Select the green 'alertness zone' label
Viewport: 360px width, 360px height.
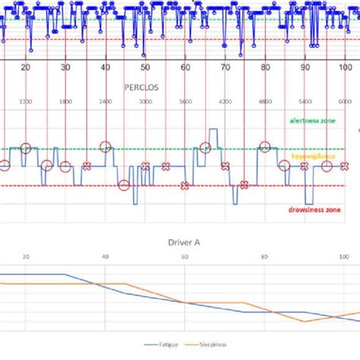pos(310,120)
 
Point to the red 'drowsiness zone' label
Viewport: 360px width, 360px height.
pos(311,207)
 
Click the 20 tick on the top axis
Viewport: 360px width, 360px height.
pos(26,68)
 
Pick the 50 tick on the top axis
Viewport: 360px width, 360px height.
pos(145,68)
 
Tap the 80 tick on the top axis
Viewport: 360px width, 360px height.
pos(265,68)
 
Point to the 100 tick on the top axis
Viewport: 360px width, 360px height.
pos(344,68)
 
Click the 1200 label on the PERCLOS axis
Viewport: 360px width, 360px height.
pos(26,101)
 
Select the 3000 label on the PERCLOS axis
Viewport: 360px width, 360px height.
pos(145,101)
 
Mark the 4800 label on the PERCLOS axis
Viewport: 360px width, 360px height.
pos(265,101)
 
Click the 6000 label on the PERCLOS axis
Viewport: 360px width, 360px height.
pos(344,101)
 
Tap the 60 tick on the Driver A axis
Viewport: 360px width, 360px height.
pos(185,257)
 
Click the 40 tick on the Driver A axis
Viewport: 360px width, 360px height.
pos(105,257)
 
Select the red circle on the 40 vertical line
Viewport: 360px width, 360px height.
pos(105,147)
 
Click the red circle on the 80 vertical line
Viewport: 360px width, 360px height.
pos(265,147)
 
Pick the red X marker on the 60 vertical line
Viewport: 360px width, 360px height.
pos(185,185)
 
